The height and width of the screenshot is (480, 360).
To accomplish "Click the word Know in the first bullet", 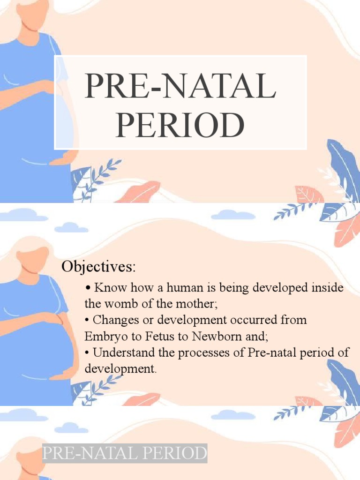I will pyautogui.click(x=106, y=287).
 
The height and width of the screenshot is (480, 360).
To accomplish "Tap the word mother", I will pyautogui.click(x=200, y=303).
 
